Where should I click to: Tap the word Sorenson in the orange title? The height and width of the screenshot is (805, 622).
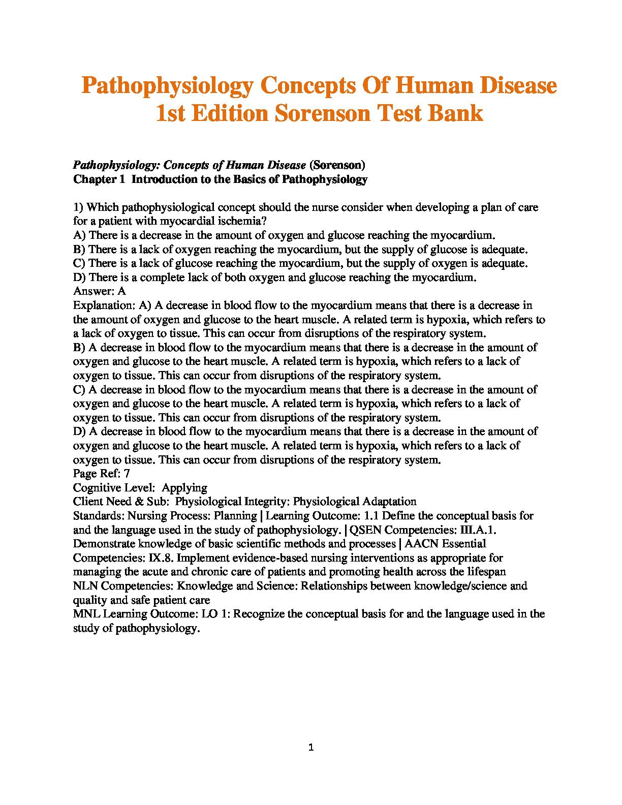click(x=322, y=113)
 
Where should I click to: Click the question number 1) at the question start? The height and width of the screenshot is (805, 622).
click(x=78, y=207)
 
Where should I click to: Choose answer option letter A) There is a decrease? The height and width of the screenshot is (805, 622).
click(x=79, y=235)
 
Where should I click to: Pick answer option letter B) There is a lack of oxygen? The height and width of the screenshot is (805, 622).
click(x=79, y=250)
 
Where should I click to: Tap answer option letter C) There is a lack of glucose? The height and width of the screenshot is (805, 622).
click(x=79, y=263)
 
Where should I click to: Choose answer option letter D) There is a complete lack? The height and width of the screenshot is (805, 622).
click(x=79, y=277)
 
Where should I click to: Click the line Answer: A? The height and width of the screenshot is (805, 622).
click(x=100, y=291)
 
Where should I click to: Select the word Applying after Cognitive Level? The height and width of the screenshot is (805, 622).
click(x=184, y=488)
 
